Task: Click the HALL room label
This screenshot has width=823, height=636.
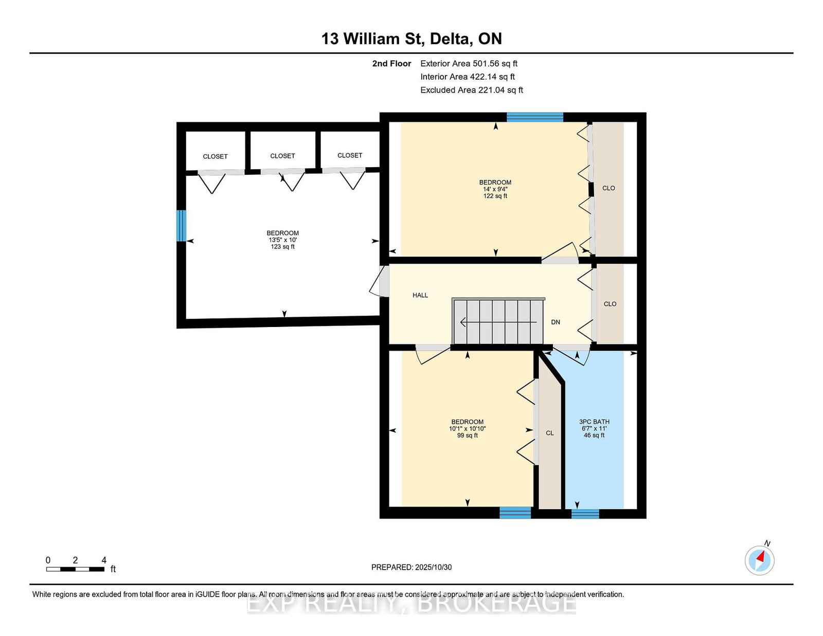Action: pos(420,295)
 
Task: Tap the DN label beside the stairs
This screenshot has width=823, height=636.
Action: pos(555,322)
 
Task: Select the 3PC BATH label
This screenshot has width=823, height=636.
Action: pos(594,422)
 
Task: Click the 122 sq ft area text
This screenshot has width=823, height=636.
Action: pos(495,196)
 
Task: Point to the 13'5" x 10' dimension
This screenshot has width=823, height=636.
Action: pos(282,240)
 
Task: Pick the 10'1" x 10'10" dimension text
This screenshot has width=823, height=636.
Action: pos(468,429)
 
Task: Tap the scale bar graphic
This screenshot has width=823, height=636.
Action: pos(76,569)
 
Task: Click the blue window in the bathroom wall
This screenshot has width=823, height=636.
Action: pos(585,514)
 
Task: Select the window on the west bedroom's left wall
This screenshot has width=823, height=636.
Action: pos(182,226)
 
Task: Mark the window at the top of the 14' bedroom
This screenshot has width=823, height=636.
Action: pos(535,117)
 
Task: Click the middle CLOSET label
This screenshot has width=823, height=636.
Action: pos(282,156)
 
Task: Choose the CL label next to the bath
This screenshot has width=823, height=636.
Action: pos(549,433)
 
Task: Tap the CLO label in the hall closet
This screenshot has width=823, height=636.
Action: pos(610,304)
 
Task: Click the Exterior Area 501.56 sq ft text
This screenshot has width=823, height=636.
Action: pos(469,64)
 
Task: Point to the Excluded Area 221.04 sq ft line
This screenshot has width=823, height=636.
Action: pos(472,90)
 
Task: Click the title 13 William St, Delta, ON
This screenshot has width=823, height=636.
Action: pos(411,39)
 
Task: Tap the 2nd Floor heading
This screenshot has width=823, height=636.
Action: pos(391,64)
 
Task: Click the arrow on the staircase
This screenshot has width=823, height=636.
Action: pos(498,322)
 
